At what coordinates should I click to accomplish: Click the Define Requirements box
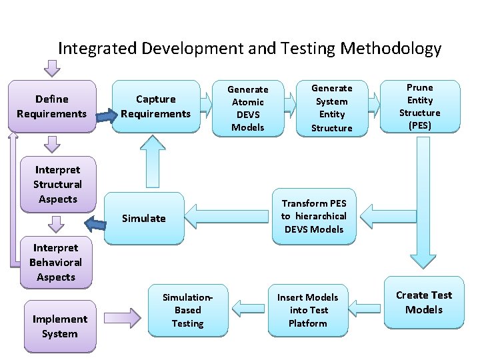point(52,107)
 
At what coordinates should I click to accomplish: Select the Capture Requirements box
point(155,107)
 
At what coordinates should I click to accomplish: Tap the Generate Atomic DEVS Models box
point(247,108)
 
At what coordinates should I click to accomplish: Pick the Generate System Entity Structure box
point(331,108)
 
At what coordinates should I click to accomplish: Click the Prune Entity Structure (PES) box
point(420,107)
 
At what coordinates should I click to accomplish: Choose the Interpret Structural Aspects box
point(57,185)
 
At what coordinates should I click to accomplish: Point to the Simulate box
point(144,218)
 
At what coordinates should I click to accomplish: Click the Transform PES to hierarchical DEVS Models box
point(313,216)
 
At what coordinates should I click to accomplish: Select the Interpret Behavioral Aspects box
point(56,263)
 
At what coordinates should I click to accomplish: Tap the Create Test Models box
point(424,303)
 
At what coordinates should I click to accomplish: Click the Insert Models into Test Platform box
point(308,310)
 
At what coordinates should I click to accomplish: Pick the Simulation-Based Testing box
point(187,310)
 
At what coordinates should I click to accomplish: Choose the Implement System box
point(60,327)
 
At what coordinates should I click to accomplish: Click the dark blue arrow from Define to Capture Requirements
point(103,117)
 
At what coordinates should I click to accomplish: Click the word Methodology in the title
point(391,49)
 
